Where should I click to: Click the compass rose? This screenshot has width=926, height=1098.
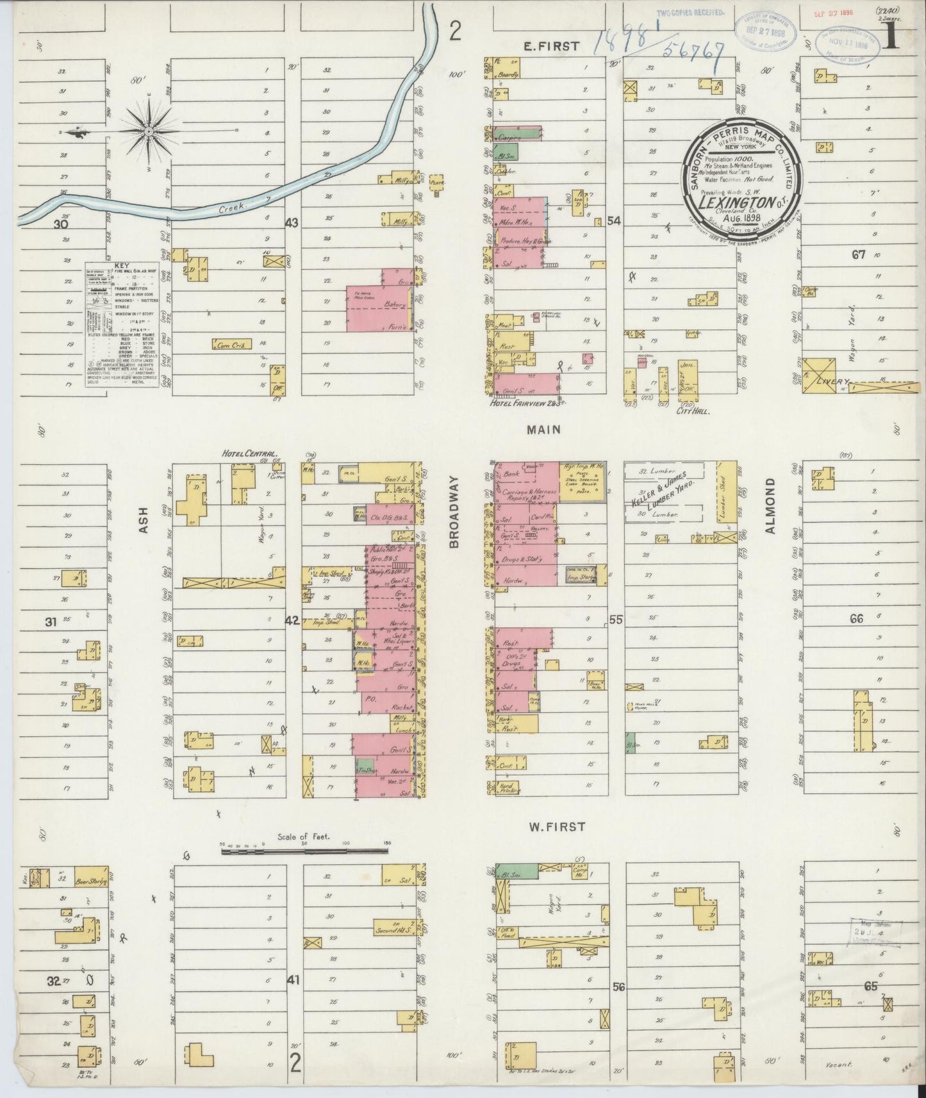point(149,131)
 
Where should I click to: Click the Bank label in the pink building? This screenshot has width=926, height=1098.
point(511,475)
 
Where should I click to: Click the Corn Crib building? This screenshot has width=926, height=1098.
point(231,345)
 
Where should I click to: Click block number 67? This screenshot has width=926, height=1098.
point(858,254)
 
